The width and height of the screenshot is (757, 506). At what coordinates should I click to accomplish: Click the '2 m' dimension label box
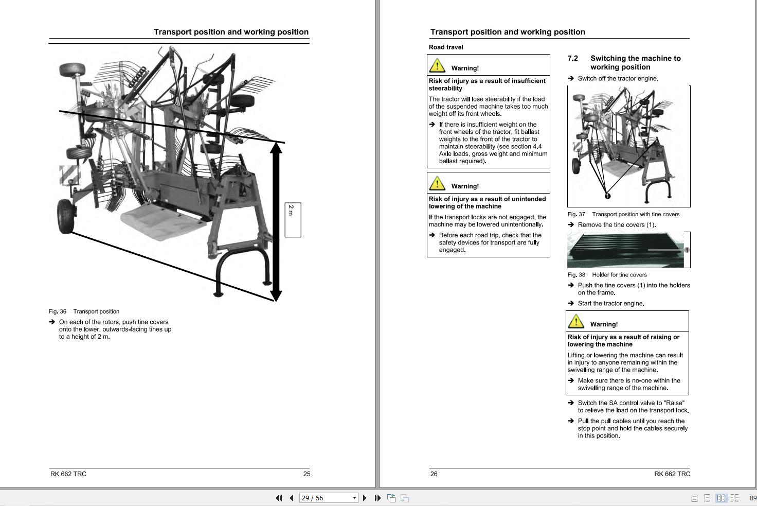(x=293, y=220)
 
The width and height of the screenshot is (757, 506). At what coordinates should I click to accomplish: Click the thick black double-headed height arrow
(x=276, y=221)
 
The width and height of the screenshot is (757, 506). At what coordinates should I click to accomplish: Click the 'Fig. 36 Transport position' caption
(x=84, y=311)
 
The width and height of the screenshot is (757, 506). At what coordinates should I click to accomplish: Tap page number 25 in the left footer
(x=307, y=474)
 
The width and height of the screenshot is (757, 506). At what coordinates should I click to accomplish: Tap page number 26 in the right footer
(x=434, y=474)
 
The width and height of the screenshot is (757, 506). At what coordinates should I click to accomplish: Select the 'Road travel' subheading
(x=446, y=47)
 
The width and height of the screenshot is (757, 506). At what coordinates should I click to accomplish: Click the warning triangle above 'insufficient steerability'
(x=437, y=65)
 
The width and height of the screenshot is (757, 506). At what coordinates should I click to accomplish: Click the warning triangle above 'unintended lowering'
(x=437, y=183)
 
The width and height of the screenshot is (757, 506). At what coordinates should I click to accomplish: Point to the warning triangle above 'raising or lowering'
(x=575, y=321)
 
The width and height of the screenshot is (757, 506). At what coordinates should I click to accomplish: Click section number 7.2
(x=572, y=59)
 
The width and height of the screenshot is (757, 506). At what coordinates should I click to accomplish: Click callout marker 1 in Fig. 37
(x=607, y=196)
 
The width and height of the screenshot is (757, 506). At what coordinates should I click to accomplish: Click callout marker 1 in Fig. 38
(x=686, y=250)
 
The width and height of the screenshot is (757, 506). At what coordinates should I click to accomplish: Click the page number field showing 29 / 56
(x=325, y=498)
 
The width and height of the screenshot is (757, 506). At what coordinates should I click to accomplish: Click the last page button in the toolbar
(x=377, y=498)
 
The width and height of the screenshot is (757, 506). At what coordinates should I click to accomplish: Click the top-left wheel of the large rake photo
(x=72, y=69)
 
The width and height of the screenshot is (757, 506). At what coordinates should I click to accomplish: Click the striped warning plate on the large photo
(x=70, y=175)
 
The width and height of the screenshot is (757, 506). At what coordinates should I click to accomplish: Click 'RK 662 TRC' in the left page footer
(x=68, y=474)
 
